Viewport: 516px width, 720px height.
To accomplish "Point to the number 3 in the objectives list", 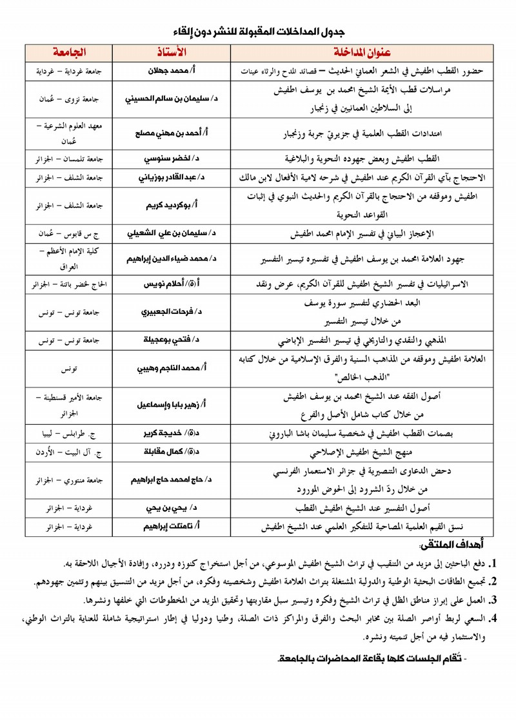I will pyautogui.click(x=493, y=601).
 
